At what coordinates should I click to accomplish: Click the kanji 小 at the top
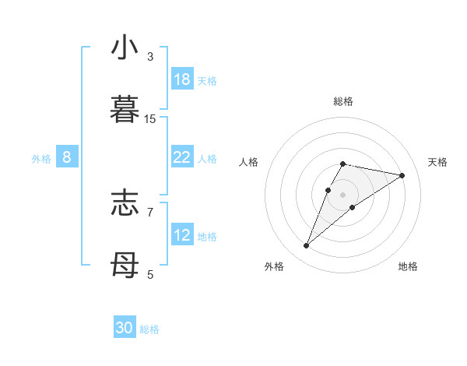pos(125,48)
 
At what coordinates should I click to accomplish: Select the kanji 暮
pos(125,110)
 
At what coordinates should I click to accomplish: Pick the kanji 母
pos(125,265)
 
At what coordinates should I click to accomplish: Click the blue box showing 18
pos(182,79)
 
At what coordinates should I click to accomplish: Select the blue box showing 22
pos(182,157)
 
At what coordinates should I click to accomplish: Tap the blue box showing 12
pos(182,235)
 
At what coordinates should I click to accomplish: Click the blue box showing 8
pos(67,157)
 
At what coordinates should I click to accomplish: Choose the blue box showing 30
pos(125,328)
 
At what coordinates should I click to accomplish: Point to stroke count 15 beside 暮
pos(150,119)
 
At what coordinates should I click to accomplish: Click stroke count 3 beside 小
pos(150,57)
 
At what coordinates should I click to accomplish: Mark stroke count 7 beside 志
pos(150,211)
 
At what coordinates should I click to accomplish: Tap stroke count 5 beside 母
pos(150,274)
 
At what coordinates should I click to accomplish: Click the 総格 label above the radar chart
pos(343,101)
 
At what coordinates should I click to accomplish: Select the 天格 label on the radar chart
pos(437,162)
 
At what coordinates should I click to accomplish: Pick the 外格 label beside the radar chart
pos(274,266)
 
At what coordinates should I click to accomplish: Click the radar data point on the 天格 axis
pos(402,175)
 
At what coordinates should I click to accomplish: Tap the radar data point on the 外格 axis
pos(307,246)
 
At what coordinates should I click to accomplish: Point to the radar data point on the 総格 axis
pos(343,164)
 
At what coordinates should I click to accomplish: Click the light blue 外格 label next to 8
pos(41,158)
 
